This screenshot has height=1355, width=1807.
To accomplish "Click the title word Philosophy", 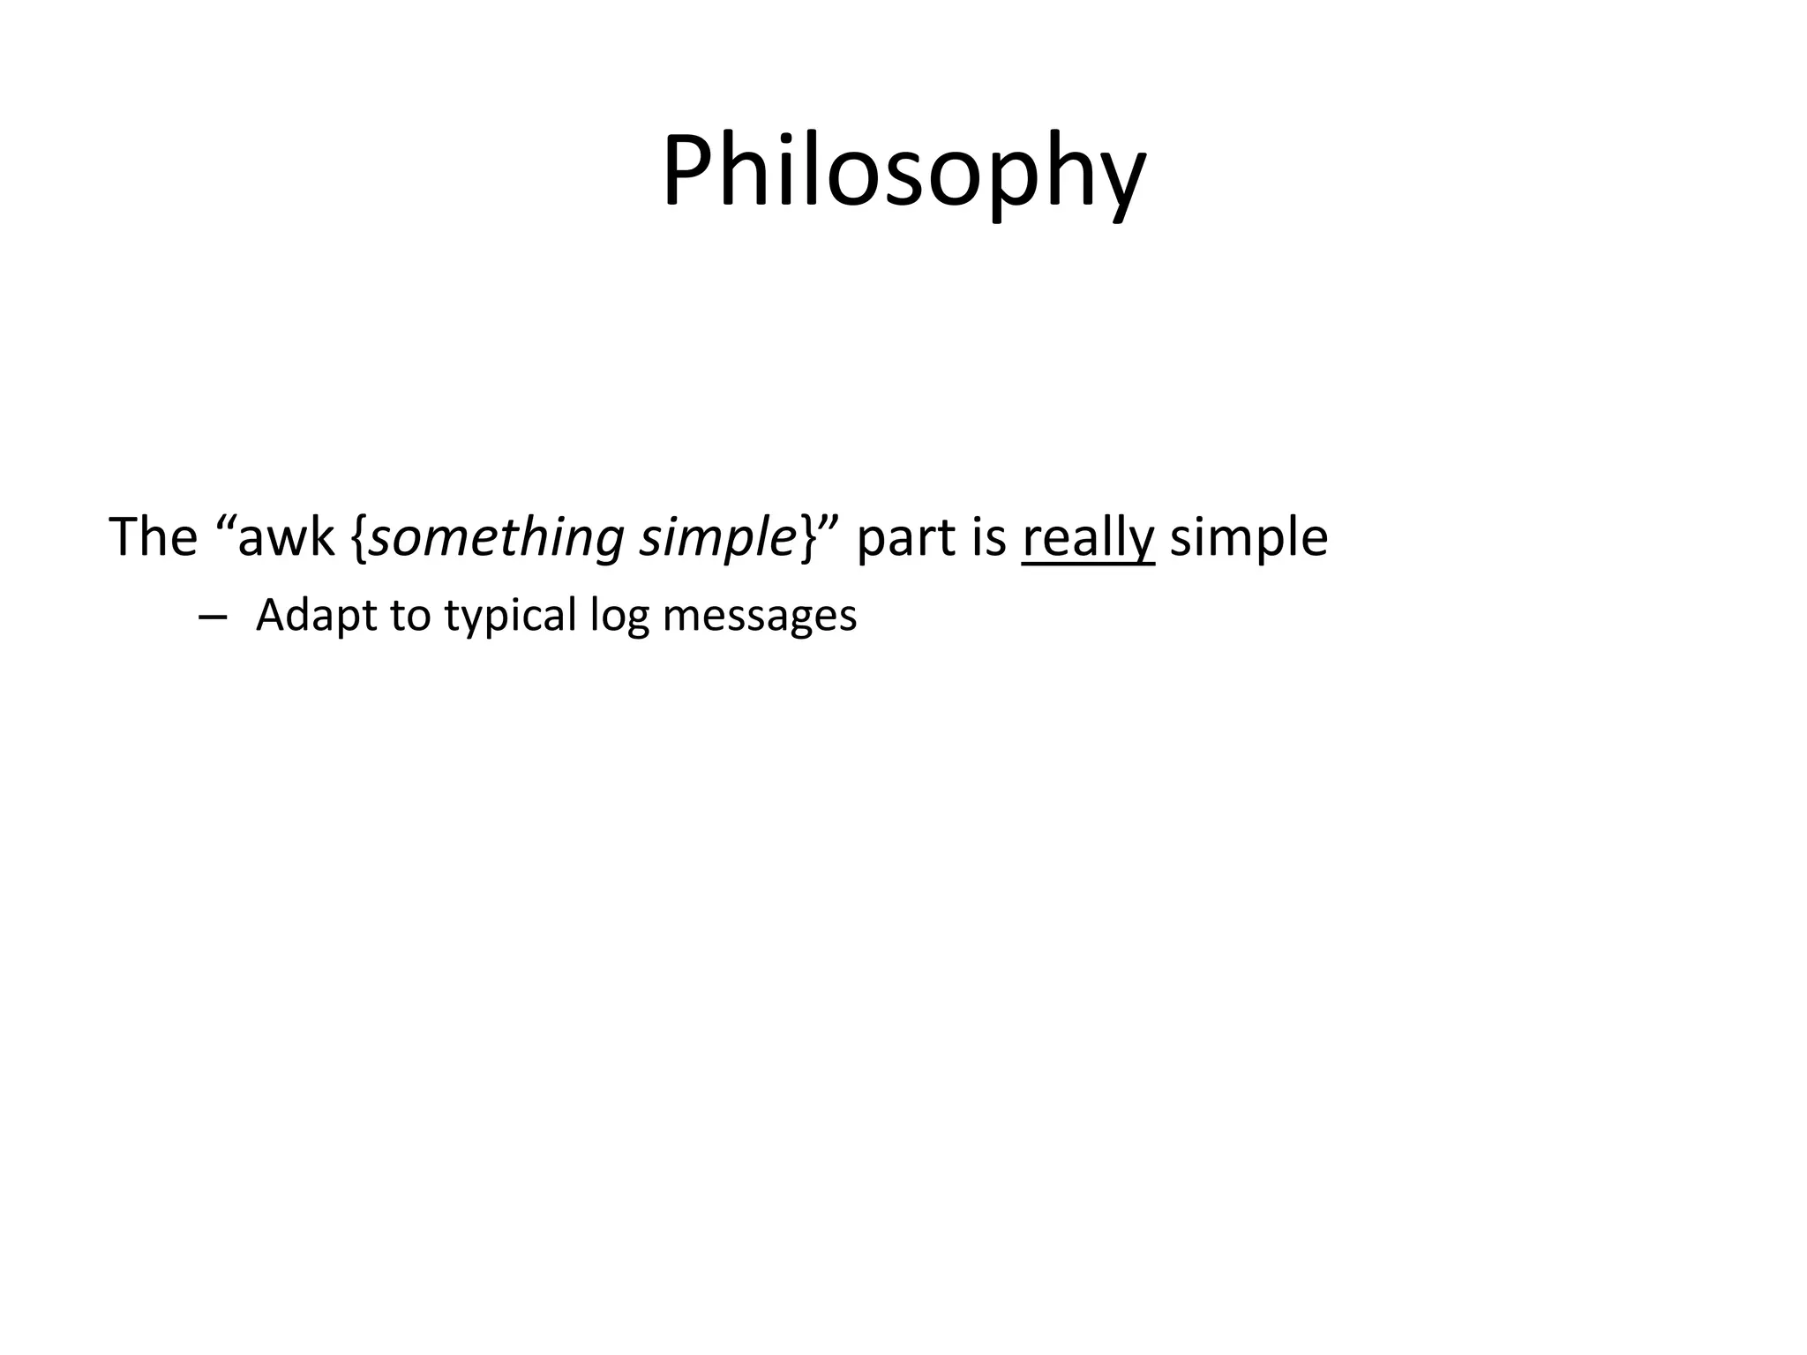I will coord(903,172).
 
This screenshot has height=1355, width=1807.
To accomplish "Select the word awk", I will coord(287,538).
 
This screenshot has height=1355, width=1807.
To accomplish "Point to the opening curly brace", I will coord(358,538).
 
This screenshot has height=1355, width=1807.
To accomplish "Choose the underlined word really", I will coord(1088,538).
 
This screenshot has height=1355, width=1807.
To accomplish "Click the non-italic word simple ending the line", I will coord(1248,538).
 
